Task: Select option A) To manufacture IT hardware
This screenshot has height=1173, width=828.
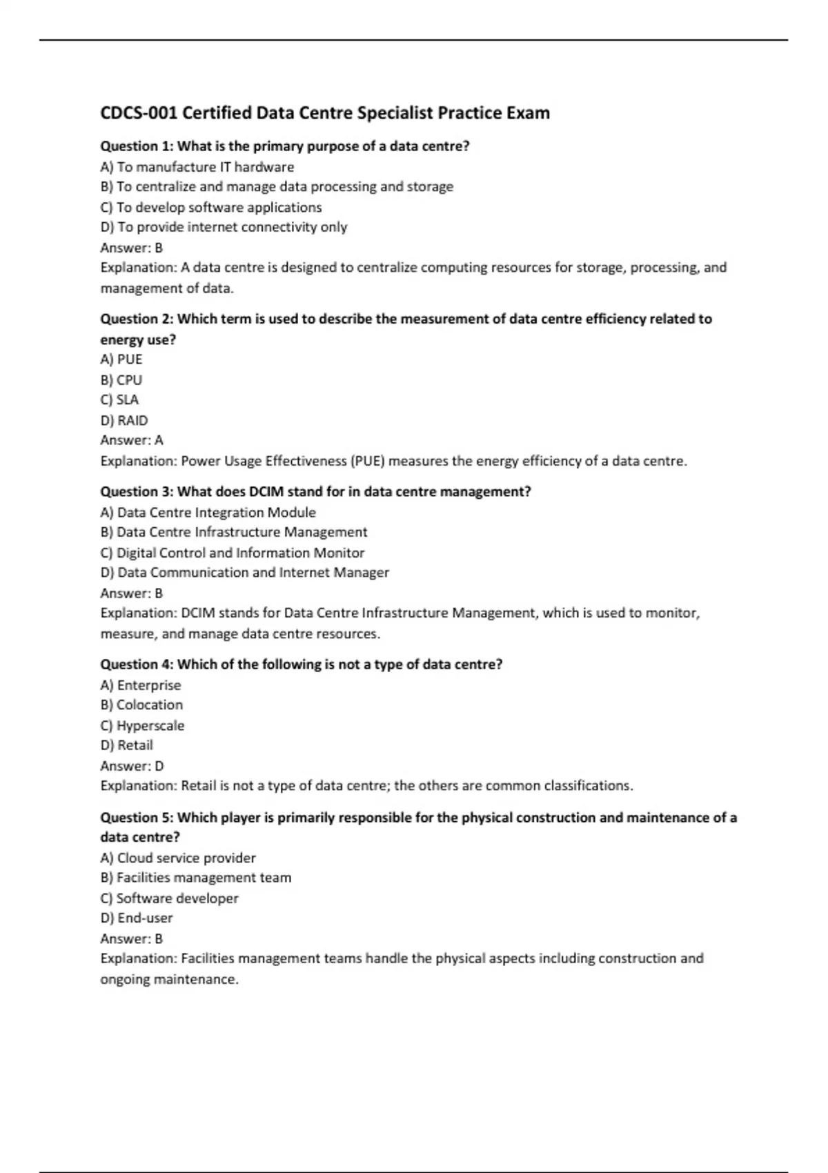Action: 197,167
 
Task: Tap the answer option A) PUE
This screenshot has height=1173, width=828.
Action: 121,359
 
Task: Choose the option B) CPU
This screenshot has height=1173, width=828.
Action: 121,380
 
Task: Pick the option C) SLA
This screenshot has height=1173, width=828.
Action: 119,400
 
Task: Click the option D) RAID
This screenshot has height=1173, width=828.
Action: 124,420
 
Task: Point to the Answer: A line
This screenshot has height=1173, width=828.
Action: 132,440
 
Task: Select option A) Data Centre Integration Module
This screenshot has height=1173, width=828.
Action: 208,513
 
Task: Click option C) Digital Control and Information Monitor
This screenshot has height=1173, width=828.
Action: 232,553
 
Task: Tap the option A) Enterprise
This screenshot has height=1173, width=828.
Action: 141,685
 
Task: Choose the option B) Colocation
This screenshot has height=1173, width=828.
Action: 141,704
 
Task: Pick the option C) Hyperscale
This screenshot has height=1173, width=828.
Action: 142,725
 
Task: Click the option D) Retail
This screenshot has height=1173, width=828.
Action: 126,745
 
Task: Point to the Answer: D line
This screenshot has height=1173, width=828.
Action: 132,766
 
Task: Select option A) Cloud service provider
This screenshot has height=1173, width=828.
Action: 178,858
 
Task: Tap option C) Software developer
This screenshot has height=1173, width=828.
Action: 169,898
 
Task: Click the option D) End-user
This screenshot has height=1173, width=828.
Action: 137,918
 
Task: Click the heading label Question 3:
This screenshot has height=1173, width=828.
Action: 137,492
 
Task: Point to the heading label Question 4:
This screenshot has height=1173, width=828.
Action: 137,664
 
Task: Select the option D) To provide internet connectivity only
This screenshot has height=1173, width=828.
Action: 224,227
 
